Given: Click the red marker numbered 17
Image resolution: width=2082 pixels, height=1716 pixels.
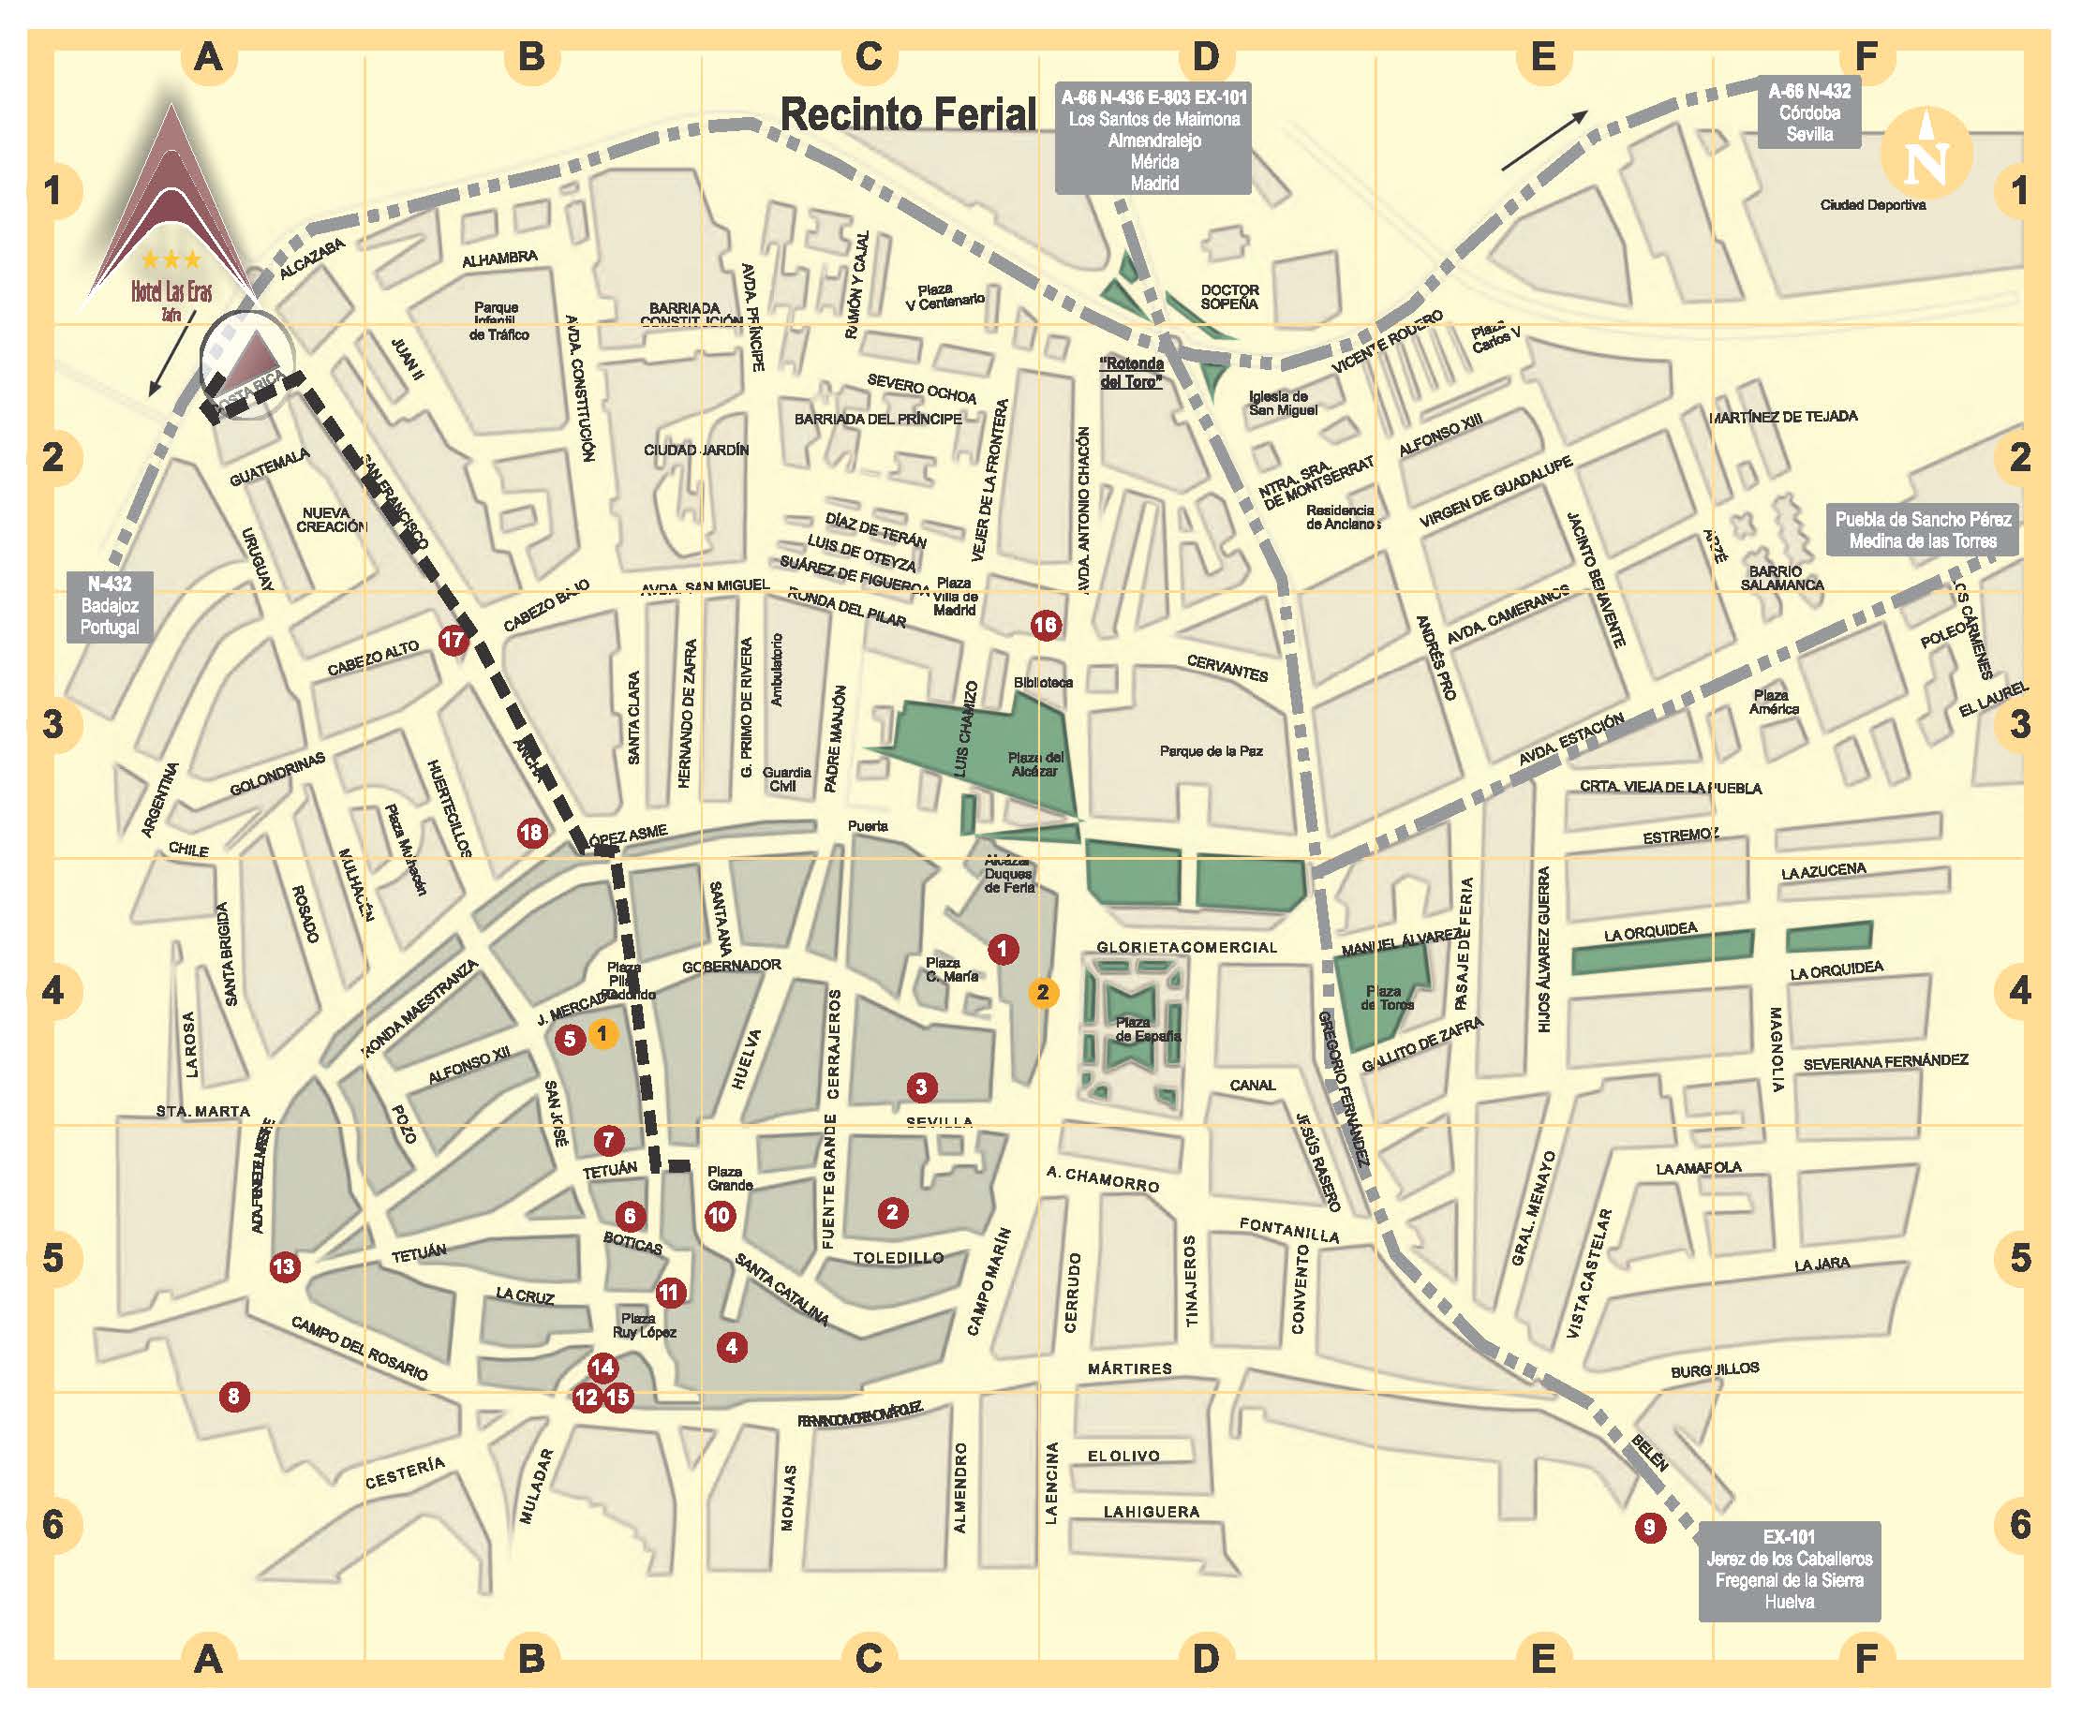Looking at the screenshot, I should (x=453, y=640).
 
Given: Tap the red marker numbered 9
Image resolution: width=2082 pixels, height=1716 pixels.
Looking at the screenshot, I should (x=1649, y=1527).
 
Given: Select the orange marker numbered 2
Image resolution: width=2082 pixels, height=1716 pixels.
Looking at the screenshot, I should (x=1043, y=993).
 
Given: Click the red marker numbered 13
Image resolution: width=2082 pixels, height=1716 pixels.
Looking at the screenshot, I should (x=285, y=1266).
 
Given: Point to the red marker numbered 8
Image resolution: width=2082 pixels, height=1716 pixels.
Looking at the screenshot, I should (x=234, y=1396).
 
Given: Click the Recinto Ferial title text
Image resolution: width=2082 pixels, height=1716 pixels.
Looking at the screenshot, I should (x=909, y=114).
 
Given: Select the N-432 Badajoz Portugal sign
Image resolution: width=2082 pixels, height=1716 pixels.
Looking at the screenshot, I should (x=110, y=605).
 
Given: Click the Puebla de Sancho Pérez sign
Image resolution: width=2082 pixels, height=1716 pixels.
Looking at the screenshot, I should (x=1922, y=530).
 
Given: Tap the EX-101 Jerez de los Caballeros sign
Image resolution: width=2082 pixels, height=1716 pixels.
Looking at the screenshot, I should (x=1789, y=1570).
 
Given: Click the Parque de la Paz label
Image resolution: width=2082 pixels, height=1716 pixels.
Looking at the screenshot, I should (x=1211, y=751).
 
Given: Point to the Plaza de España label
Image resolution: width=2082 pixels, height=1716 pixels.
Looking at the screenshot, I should (x=1147, y=1029).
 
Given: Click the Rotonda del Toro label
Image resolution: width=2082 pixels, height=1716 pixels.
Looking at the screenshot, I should (x=1132, y=373).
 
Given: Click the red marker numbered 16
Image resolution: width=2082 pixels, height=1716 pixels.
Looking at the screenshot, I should (x=1045, y=625).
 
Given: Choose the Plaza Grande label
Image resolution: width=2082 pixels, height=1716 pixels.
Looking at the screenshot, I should (x=730, y=1178).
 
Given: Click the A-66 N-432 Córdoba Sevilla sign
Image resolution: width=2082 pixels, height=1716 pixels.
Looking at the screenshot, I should (x=1809, y=112).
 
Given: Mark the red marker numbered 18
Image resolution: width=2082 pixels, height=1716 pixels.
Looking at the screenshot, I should (x=531, y=833).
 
